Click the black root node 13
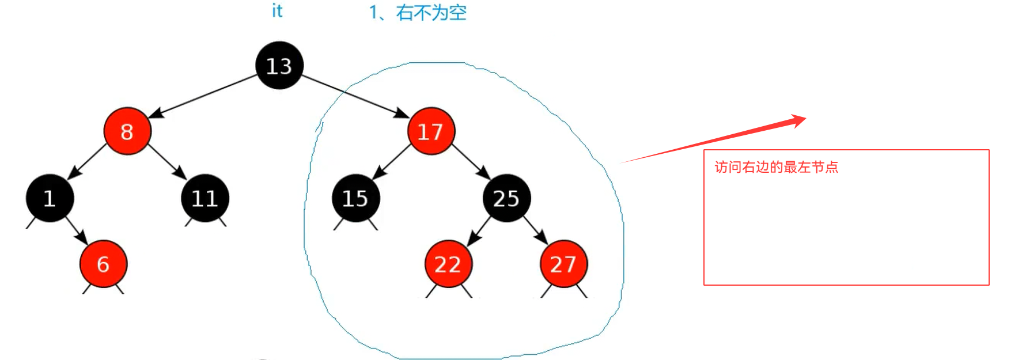click(279, 66)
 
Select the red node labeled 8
click(127, 131)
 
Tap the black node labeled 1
click(50, 198)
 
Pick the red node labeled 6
click(103, 264)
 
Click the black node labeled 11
click(205, 198)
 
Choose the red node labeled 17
click(431, 131)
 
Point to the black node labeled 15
click(355, 198)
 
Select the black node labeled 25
click(507, 198)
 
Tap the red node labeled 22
click(448, 264)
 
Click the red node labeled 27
click(563, 264)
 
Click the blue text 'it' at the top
click(277, 11)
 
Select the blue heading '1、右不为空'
click(418, 13)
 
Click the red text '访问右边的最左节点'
click(776, 167)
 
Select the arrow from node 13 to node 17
click(355, 96)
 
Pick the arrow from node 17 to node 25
click(470, 161)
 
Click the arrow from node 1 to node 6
click(76, 230)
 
